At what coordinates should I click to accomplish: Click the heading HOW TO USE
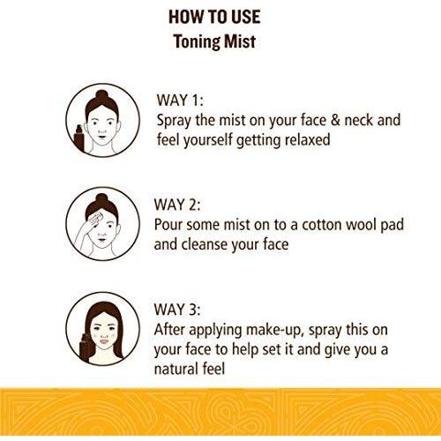point(214,17)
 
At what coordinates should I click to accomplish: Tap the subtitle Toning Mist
point(214,41)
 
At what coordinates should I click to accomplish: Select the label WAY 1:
point(180,101)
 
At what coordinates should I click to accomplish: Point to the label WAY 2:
point(177,205)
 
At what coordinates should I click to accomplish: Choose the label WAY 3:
point(177,310)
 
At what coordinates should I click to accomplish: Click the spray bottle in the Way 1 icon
point(79,138)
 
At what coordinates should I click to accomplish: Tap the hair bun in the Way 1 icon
point(101,95)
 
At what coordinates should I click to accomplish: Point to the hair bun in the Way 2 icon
point(101,198)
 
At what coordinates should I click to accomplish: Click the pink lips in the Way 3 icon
point(104,341)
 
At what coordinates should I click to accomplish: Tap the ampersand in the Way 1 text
point(335,120)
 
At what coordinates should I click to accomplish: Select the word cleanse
point(204,244)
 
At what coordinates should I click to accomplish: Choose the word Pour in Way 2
point(168,225)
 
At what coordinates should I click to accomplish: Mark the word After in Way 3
point(169,330)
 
